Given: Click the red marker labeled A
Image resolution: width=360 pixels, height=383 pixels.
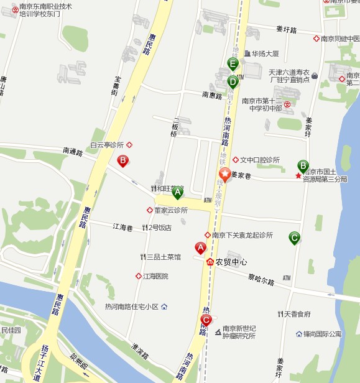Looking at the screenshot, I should click(x=200, y=247).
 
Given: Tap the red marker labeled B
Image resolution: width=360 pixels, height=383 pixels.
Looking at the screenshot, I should click(x=123, y=162).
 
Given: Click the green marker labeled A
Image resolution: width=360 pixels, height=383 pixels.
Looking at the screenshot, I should click(x=177, y=191).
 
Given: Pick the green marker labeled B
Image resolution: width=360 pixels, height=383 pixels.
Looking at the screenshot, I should click(x=303, y=166).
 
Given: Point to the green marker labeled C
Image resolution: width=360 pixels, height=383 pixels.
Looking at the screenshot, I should click(x=294, y=237).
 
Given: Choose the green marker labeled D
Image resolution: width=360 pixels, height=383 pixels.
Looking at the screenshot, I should click(x=233, y=81).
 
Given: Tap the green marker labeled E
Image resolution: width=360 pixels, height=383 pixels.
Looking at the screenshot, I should click(x=233, y=63).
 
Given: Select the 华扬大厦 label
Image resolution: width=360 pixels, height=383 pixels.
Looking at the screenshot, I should click(x=265, y=53).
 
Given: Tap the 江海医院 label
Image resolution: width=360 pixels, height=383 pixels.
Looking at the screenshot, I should click(x=155, y=276).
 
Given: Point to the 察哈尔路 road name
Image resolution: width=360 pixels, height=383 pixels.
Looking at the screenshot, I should click(x=261, y=281).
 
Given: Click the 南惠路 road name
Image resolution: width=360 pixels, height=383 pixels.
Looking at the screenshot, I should click(x=213, y=96).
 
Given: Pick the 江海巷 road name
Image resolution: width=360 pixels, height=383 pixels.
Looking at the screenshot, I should click(x=124, y=228).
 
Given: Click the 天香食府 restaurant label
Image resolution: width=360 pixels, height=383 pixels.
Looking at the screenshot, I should click(x=297, y=313).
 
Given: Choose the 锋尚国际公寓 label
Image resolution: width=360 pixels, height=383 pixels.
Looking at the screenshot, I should click(x=322, y=334).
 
